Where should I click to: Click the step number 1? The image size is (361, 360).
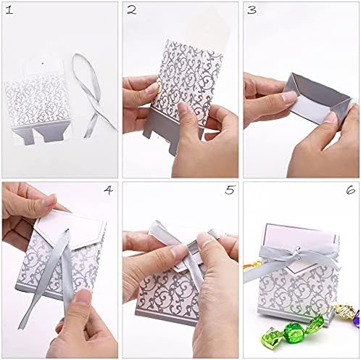click(9, 10)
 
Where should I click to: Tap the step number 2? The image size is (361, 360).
click(131, 10)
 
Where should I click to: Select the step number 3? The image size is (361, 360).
click(252, 10)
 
